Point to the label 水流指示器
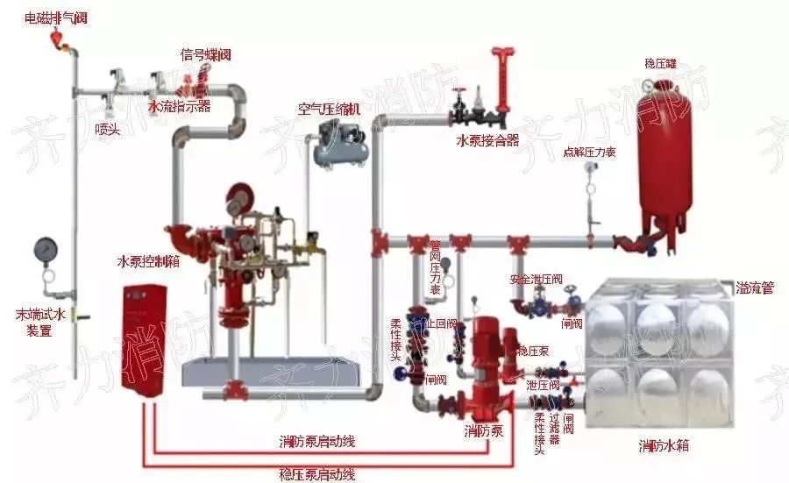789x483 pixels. click(179, 107)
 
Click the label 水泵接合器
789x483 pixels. click(487, 139)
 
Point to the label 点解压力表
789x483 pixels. click(589, 152)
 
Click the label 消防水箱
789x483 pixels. click(663, 446)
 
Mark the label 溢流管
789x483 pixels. click(754, 288)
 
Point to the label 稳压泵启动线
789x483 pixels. click(316, 474)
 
